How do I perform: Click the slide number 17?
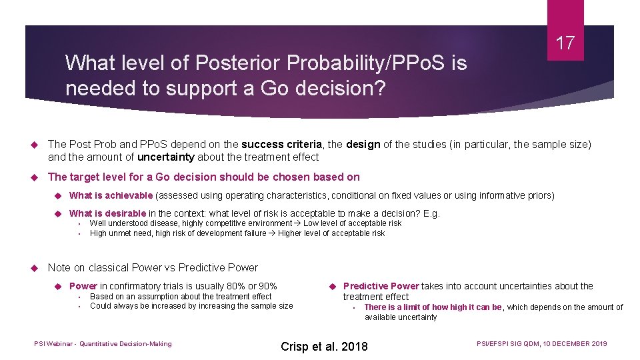point(565,44)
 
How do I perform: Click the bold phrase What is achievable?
point(111,195)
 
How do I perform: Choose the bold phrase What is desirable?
point(107,213)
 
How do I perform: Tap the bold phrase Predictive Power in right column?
point(381,286)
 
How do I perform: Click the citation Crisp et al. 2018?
point(324,346)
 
